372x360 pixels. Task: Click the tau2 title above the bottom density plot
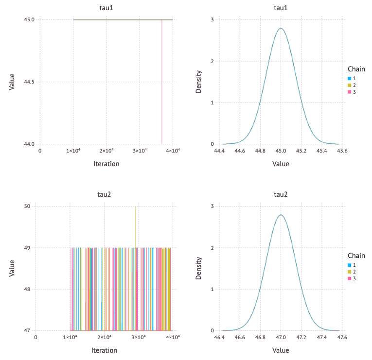pos(281,195)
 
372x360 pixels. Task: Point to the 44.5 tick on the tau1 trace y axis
pos(30,82)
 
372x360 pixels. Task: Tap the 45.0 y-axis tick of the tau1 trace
pos(30,20)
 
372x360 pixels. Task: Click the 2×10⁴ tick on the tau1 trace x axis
pos(106,151)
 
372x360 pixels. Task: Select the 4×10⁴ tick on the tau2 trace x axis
pos(172,338)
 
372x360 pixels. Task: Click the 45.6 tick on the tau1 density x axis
pos(342,151)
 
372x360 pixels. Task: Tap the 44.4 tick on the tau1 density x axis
pos(219,151)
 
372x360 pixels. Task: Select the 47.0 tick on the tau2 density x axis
pos(281,338)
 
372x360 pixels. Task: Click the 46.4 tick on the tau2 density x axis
pos(219,338)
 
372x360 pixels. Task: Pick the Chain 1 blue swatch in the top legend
pos(349,78)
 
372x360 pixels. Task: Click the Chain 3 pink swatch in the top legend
pos(349,92)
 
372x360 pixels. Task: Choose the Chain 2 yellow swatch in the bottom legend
pos(349,272)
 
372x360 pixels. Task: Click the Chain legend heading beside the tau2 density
pos(356,256)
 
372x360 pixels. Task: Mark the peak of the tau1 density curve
pos(281,28)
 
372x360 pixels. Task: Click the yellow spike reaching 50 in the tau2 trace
pos(136,209)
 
